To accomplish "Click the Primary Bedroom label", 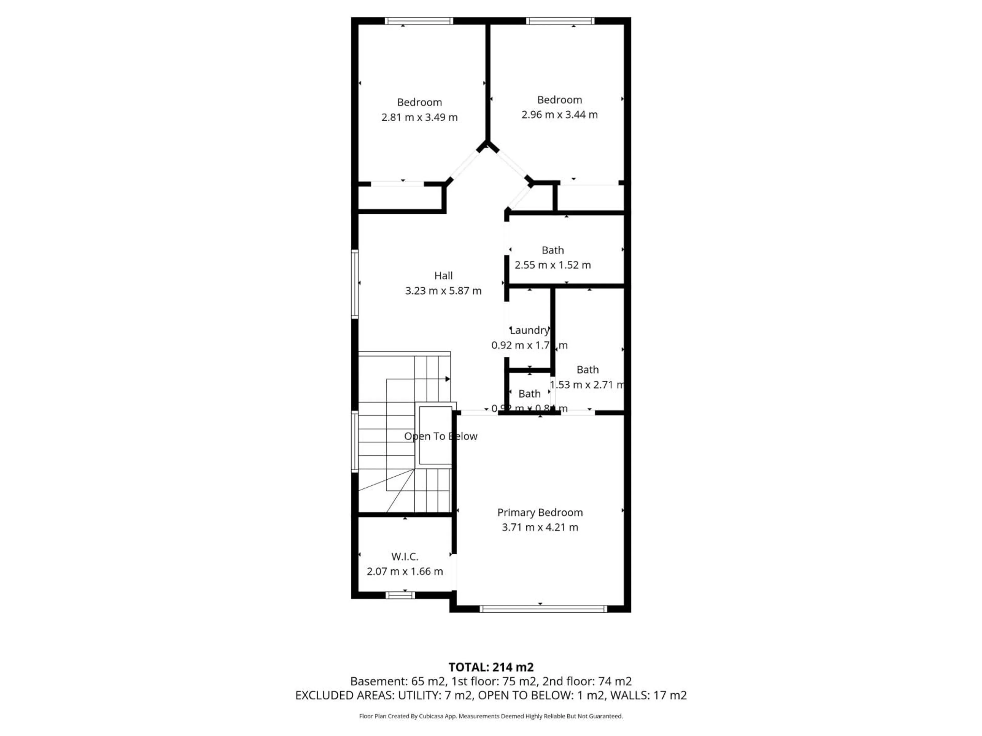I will click(540, 512).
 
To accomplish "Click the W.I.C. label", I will click(404, 556).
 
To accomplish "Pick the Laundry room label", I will click(529, 330).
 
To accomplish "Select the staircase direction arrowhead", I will click(448, 379).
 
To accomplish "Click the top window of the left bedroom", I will click(419, 21).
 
